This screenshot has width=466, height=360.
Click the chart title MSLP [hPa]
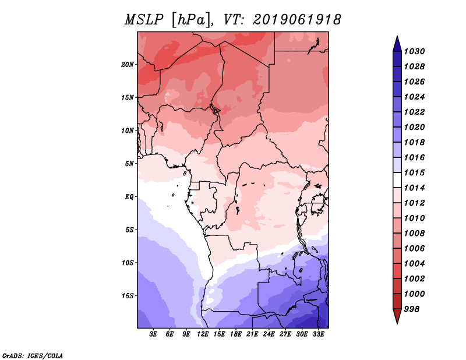click(x=167, y=20)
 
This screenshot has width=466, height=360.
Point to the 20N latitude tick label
click(x=128, y=64)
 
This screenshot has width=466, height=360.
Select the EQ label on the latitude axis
click(x=129, y=196)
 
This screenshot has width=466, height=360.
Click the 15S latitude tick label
click(x=128, y=295)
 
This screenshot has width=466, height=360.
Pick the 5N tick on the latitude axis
click(x=129, y=163)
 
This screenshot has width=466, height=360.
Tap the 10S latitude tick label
click(x=128, y=263)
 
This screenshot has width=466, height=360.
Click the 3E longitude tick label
click(x=154, y=335)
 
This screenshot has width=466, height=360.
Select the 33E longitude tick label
click(x=319, y=335)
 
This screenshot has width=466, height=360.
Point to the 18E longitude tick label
click(x=236, y=335)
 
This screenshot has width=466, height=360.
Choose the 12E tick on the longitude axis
click(x=203, y=335)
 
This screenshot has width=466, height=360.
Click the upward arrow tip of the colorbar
click(x=397, y=37)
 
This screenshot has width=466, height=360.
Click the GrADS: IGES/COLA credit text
click(x=32, y=355)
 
